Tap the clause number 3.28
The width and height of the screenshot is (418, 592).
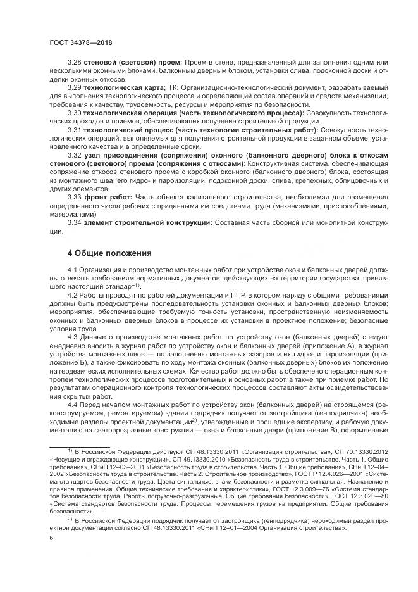[x=75, y=62]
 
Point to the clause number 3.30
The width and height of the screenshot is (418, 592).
[x=75, y=112]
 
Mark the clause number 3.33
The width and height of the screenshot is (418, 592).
[x=75, y=196]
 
